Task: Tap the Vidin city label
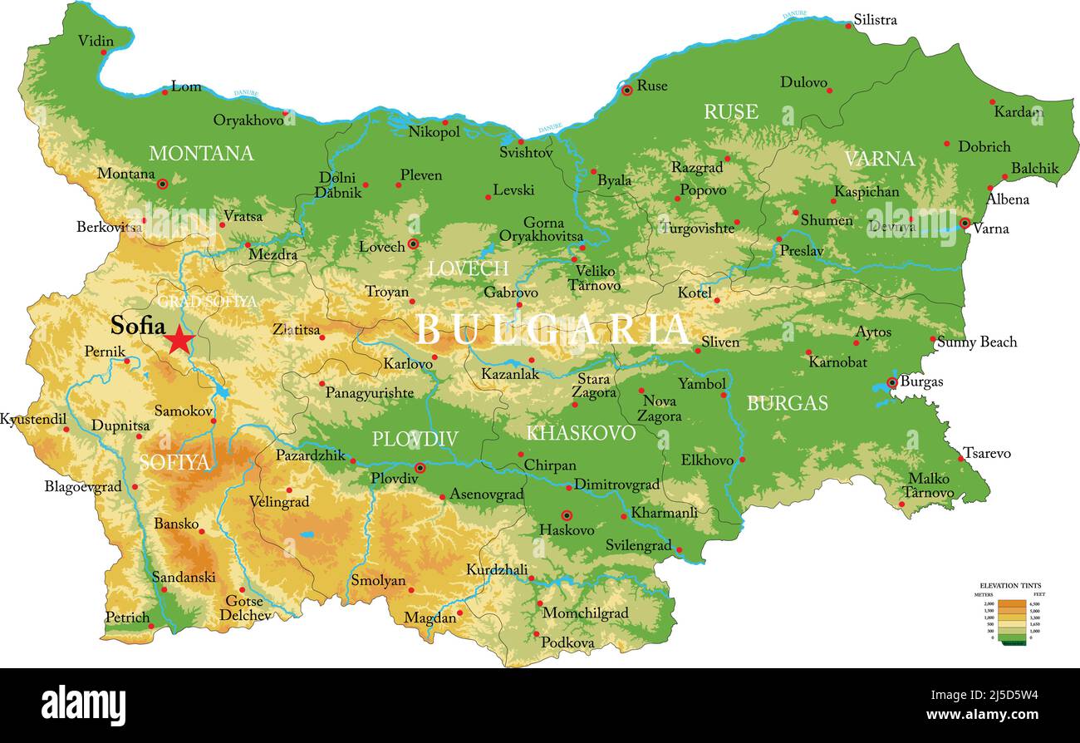(x=96, y=41)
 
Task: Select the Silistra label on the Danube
(x=876, y=19)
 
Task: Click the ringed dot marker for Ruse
(x=627, y=90)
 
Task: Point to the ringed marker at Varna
(x=965, y=223)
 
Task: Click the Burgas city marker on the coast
(x=892, y=383)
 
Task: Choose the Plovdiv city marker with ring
(x=420, y=468)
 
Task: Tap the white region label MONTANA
(x=201, y=154)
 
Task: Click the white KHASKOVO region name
(x=581, y=433)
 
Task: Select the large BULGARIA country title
(x=552, y=330)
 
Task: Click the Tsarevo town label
(x=987, y=453)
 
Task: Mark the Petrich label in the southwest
(x=127, y=618)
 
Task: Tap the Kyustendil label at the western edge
(x=33, y=419)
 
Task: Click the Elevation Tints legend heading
(x=1010, y=585)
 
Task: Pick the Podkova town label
(x=567, y=642)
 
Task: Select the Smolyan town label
(x=378, y=581)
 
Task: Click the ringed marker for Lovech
(x=413, y=244)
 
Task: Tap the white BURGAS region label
(x=787, y=404)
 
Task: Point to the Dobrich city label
(x=984, y=146)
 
